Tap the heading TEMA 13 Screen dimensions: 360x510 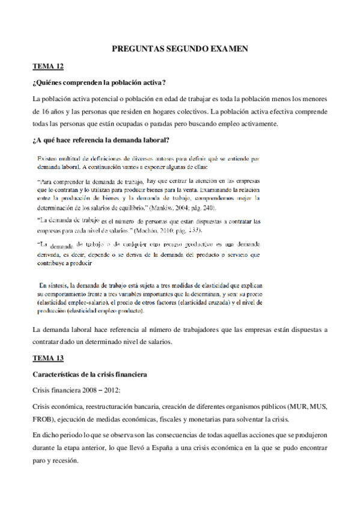tap(47, 358)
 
